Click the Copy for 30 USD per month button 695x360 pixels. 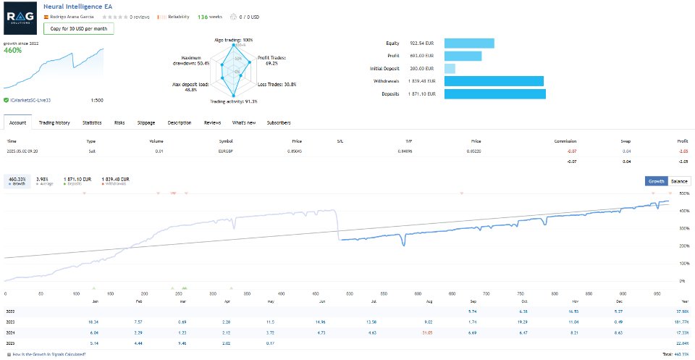[78, 29]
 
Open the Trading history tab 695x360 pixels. [54, 122]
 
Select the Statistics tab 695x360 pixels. [92, 122]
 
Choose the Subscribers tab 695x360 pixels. [279, 122]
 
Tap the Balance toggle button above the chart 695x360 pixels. [680, 181]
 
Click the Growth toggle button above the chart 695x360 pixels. [656, 181]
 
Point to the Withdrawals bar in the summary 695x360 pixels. [493, 81]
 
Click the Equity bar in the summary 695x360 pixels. [468, 43]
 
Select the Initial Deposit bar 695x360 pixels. [449, 68]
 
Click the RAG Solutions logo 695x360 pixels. [22, 18]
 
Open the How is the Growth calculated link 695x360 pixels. [49, 354]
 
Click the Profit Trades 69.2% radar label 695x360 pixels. [273, 60]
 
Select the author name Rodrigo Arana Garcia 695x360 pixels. [72, 15]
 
